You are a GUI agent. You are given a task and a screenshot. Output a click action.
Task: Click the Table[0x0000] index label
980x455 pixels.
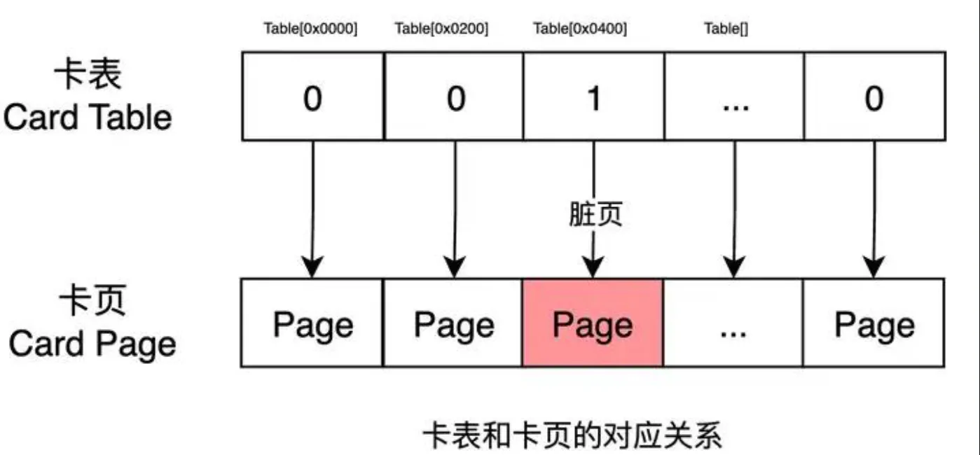click(310, 29)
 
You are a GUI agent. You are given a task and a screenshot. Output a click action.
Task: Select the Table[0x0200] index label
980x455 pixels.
click(441, 29)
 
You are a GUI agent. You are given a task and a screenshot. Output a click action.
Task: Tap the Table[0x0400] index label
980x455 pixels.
click(580, 29)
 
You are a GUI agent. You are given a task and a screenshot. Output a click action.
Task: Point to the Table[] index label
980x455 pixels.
click(726, 29)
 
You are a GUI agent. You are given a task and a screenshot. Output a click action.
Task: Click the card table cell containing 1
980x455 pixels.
click(594, 96)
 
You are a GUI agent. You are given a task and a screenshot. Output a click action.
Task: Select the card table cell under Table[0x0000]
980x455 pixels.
click(313, 96)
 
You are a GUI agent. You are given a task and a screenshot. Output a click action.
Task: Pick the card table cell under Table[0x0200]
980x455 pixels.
click(454, 96)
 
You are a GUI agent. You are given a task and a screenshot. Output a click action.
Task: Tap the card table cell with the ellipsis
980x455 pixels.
click(734, 96)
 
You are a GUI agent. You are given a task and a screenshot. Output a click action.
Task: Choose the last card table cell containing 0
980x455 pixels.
click(874, 96)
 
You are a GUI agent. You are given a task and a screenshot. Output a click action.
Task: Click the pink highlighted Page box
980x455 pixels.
click(593, 323)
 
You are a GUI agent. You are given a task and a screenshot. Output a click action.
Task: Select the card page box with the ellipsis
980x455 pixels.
click(733, 323)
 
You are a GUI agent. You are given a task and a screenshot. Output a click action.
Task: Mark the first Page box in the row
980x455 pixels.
click(312, 323)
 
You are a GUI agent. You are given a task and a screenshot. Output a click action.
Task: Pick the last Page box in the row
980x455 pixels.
click(874, 323)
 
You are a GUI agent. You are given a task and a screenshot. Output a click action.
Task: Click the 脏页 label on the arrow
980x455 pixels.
click(595, 213)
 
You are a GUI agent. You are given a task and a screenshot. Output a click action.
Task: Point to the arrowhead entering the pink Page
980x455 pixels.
click(593, 267)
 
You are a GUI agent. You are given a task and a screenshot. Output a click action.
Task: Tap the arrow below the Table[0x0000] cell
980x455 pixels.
click(312, 209)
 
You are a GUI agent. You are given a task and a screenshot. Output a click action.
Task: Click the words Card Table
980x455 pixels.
click(88, 118)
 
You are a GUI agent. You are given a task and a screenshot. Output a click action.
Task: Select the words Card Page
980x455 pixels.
click(92, 345)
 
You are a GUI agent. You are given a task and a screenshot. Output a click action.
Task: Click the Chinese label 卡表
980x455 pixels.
click(88, 73)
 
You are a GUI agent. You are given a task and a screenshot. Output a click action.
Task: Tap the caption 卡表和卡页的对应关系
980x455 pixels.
click(572, 435)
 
